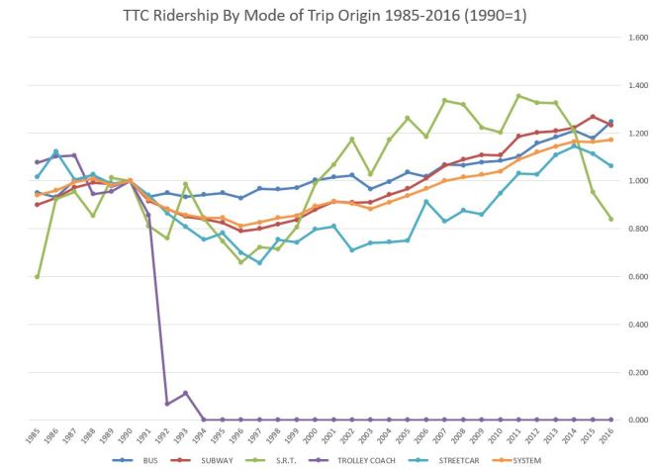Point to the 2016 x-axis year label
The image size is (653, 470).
(x=609, y=435)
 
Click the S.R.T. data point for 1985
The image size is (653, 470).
(x=38, y=276)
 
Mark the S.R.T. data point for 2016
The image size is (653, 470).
(x=610, y=219)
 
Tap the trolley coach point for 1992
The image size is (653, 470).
(x=167, y=404)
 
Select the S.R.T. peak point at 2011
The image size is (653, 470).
(x=518, y=96)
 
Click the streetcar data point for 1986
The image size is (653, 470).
(x=55, y=151)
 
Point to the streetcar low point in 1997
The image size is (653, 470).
(x=259, y=262)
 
